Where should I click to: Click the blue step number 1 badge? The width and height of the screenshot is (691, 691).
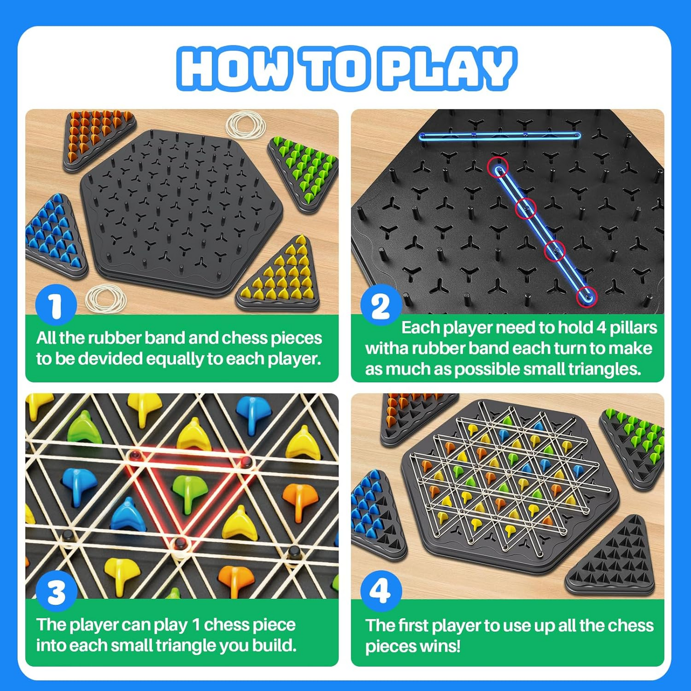point(56,305)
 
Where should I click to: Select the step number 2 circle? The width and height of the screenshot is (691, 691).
point(381,305)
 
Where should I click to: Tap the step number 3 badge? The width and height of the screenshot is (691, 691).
point(56,592)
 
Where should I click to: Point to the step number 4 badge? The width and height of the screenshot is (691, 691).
point(381,591)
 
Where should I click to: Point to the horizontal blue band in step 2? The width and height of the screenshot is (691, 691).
point(500,136)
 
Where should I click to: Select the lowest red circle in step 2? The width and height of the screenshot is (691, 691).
point(587,296)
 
